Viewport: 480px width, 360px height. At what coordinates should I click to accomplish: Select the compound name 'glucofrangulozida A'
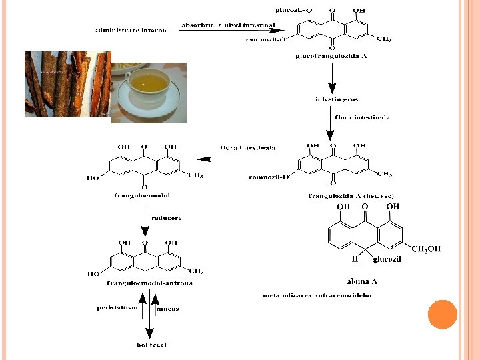(x=331, y=57)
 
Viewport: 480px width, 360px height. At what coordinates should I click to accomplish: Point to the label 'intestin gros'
(x=333, y=99)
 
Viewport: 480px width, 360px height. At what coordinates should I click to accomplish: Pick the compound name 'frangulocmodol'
(x=141, y=195)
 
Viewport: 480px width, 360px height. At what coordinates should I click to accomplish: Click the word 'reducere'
(x=166, y=218)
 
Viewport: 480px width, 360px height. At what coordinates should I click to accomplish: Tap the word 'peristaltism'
(x=117, y=307)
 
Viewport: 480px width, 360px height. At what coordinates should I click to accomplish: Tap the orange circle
(x=442, y=314)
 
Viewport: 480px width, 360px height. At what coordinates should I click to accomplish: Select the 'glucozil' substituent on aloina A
(x=387, y=259)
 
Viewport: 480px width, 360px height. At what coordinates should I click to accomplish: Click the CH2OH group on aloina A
(x=426, y=249)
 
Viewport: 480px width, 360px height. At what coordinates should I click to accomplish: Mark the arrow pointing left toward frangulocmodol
(x=205, y=159)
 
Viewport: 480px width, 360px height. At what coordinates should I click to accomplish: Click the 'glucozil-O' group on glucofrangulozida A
(x=293, y=10)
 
